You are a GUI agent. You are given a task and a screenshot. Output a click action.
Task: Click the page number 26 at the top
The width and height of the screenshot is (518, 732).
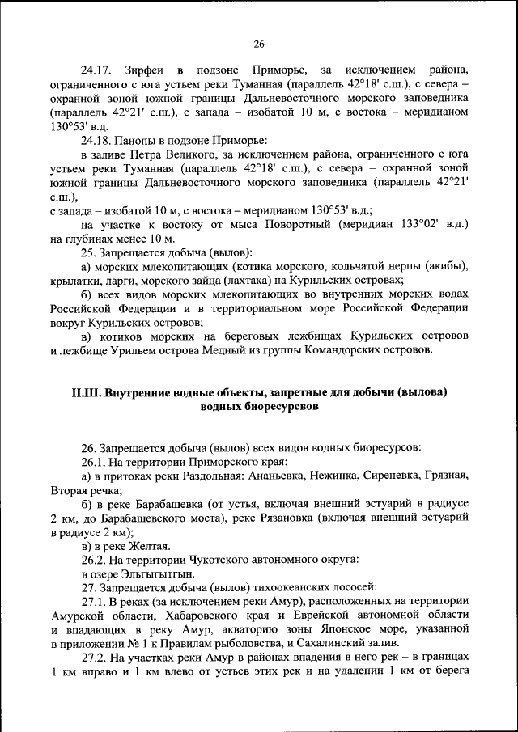[259, 44]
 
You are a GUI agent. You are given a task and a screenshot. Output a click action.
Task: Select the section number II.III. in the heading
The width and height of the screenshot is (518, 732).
[87, 392]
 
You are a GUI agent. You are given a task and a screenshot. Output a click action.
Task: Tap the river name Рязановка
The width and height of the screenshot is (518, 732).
[315, 518]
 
